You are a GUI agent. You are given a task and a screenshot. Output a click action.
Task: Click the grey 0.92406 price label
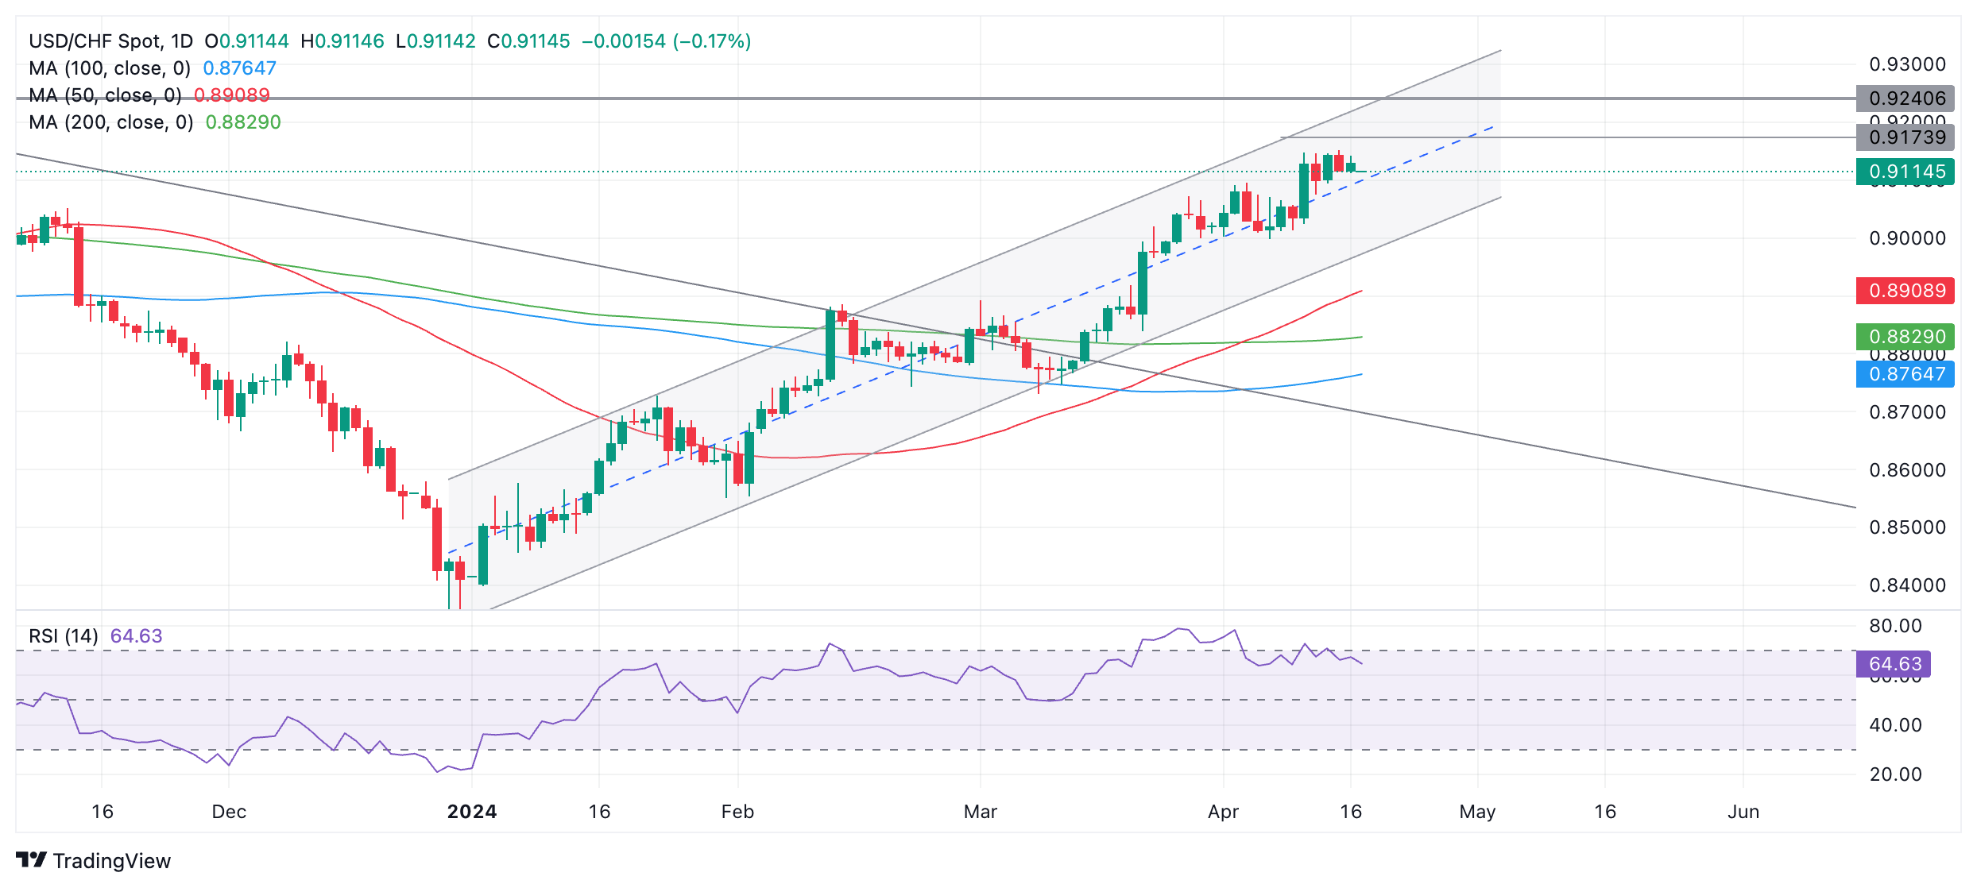click(x=1905, y=98)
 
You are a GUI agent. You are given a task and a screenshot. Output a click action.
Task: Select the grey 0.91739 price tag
click(x=1905, y=137)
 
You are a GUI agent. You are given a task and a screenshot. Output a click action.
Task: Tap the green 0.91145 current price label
click(x=1905, y=172)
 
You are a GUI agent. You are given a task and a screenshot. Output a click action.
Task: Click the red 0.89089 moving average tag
click(x=1905, y=291)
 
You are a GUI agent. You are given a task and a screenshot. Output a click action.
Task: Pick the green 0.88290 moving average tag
click(x=1905, y=337)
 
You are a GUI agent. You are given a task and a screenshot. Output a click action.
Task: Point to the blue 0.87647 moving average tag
click(x=1905, y=374)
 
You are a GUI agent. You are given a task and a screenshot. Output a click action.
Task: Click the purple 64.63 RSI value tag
click(x=1894, y=664)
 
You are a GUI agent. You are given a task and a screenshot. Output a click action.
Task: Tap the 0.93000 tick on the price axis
click(x=1907, y=64)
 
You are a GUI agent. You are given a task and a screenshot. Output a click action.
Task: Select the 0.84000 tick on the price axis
click(x=1907, y=585)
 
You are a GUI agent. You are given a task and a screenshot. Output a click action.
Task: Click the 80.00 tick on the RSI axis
click(x=1895, y=626)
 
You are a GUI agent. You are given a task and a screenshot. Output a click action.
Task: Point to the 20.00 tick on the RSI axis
click(x=1895, y=774)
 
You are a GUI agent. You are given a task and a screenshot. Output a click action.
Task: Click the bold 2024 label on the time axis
click(x=472, y=812)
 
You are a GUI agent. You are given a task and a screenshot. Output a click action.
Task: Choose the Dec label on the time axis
click(x=229, y=812)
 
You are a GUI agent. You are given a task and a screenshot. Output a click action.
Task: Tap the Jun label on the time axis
click(x=1743, y=812)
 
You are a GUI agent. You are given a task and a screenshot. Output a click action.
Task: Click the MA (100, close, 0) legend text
click(x=110, y=68)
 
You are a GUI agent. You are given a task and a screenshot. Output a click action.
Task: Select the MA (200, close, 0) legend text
click(x=111, y=122)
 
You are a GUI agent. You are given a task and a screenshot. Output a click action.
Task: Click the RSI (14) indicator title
click(x=64, y=636)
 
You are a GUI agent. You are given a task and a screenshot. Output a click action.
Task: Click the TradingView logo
click(x=94, y=861)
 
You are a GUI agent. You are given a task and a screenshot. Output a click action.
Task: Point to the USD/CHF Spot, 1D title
click(x=111, y=41)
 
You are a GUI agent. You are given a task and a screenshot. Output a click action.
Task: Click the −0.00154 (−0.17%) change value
click(x=666, y=41)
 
